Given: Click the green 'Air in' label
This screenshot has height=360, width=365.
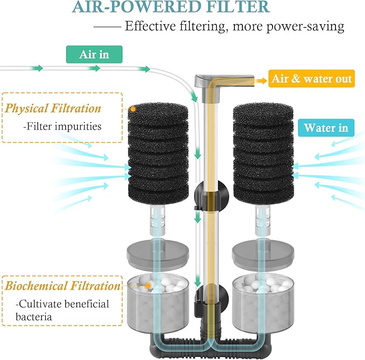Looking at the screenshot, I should coord(94,54).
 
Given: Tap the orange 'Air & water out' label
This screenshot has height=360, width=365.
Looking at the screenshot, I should coord(312,80).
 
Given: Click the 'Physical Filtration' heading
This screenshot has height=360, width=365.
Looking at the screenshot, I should coord(53,109).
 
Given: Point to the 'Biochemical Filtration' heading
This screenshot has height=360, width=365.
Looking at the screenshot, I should coord(63,285).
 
